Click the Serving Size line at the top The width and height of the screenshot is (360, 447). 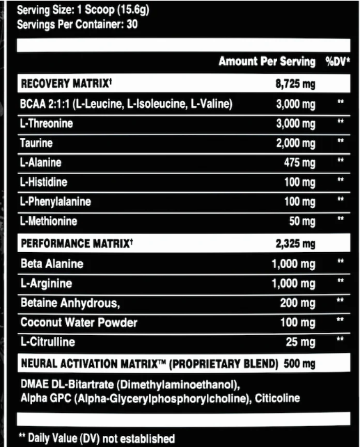(x=83, y=10)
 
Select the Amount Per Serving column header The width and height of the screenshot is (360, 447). (x=267, y=62)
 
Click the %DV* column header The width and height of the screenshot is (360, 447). (x=337, y=62)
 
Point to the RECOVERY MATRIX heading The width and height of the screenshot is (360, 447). (x=65, y=84)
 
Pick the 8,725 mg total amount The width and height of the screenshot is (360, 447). (x=296, y=84)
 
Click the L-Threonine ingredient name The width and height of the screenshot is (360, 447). (x=47, y=123)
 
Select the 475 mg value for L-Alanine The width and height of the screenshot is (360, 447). (x=299, y=163)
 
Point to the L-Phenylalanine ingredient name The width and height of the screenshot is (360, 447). (x=55, y=202)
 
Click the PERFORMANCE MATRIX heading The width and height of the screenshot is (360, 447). (x=76, y=244)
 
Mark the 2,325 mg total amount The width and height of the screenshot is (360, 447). (x=296, y=244)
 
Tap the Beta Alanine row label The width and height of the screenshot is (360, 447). (x=52, y=264)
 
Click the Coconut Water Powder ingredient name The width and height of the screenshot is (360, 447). (x=79, y=323)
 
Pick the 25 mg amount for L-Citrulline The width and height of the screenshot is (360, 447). (x=302, y=343)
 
